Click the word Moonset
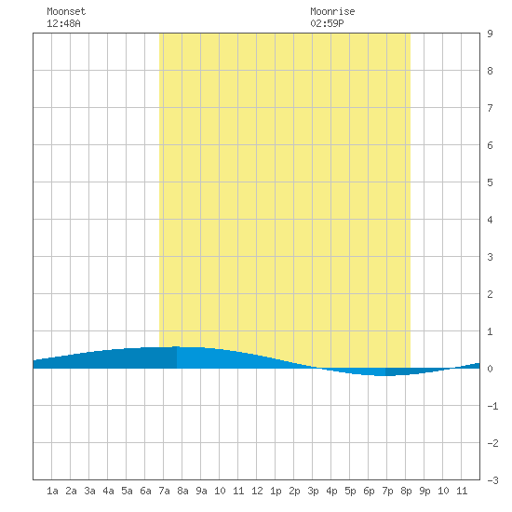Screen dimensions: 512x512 [66, 11]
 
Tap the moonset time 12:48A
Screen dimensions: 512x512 [63, 23]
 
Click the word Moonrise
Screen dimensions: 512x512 [332, 11]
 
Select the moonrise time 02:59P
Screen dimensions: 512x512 [327, 23]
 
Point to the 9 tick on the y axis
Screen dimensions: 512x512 [490, 34]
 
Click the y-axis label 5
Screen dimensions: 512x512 [490, 182]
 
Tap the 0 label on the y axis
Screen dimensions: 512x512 [490, 369]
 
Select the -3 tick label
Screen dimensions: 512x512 [492, 480]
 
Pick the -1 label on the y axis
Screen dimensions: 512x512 [492, 406]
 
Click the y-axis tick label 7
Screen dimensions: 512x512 [490, 108]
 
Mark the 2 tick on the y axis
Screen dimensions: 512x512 [490, 294]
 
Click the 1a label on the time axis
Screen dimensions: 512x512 [52, 491]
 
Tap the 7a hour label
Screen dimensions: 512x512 [164, 491]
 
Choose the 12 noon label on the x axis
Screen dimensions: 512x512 [257, 491]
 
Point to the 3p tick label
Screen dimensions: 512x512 [313, 491]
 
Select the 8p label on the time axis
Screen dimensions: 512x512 [406, 491]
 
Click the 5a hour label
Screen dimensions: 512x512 [127, 491]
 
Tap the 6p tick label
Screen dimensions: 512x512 [369, 491]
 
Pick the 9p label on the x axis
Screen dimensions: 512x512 [424, 491]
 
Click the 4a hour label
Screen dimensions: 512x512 [108, 491]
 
